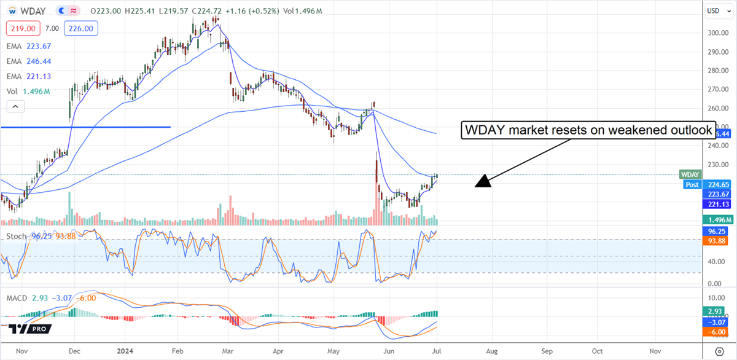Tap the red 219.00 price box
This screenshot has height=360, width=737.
click(23, 28)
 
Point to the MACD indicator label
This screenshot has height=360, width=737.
click(17, 297)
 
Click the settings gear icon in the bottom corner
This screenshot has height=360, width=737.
click(719, 351)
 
